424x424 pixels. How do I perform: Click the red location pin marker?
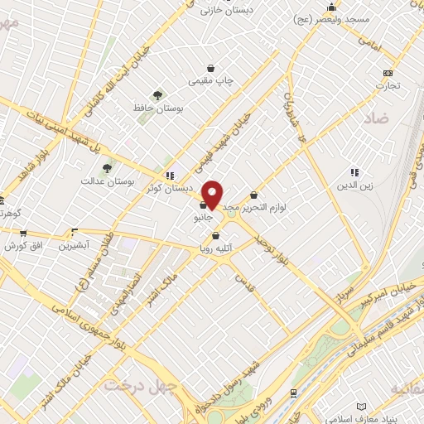pyautogui.click(x=212, y=194)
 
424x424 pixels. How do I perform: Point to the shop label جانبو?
pyautogui.click(x=203, y=217)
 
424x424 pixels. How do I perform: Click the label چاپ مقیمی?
pyautogui.click(x=211, y=80)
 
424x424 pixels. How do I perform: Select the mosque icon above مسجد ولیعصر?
pyautogui.click(x=330, y=7)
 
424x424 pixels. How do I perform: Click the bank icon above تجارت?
pyautogui.click(x=387, y=73)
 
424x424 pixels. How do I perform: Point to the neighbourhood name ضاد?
pyautogui.click(x=375, y=118)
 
